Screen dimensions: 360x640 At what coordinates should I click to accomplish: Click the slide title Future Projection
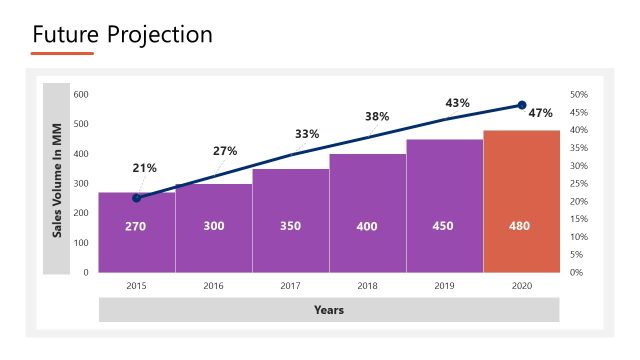click(122, 34)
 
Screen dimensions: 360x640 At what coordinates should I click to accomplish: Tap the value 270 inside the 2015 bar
click(136, 226)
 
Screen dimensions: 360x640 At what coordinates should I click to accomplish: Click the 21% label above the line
click(144, 167)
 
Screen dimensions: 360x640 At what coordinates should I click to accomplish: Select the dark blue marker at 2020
click(521, 105)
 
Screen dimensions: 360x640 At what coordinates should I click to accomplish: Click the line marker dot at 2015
click(137, 198)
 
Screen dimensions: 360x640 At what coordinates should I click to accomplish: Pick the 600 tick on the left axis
click(81, 94)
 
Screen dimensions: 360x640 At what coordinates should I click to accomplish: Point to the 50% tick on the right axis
click(578, 94)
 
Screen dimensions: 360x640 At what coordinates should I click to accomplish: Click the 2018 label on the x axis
click(367, 285)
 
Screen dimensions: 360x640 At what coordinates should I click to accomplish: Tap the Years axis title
click(329, 310)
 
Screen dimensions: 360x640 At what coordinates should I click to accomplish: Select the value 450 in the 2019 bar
click(444, 226)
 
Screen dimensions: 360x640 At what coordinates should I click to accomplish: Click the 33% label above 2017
click(307, 134)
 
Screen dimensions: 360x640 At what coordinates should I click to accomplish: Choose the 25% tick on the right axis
click(578, 183)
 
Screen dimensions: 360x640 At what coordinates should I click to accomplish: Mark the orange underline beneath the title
click(62, 53)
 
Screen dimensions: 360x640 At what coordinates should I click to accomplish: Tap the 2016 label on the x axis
click(213, 285)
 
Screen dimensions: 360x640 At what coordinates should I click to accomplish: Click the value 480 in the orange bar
click(521, 226)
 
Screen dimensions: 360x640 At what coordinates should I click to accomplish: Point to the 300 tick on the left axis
click(81, 183)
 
